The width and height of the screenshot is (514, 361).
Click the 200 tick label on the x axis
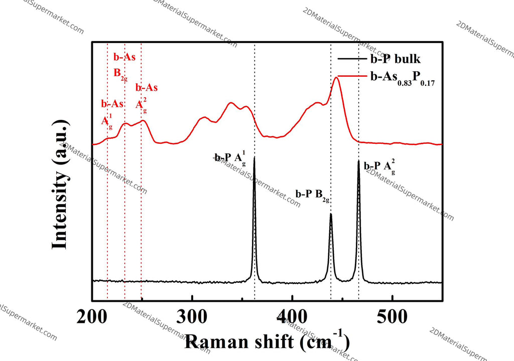coord(92,317)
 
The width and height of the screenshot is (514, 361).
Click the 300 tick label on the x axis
coord(192,317)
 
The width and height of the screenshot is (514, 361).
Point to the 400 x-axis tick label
coord(292,317)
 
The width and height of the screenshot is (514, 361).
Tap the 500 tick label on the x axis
coord(393,317)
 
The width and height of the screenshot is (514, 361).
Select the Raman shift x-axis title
coord(267,341)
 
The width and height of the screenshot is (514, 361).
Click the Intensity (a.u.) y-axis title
coord(61,185)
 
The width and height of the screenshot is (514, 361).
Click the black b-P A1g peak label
coord(230,158)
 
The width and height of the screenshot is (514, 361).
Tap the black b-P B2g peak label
coord(312,195)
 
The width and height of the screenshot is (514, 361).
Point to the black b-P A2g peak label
coord(379,167)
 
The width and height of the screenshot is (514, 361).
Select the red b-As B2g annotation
coord(124,65)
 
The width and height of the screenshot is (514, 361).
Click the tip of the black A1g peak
coord(254,157)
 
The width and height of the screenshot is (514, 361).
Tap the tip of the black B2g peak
coord(331,214)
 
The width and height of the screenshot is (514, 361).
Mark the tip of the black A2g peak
coord(358,161)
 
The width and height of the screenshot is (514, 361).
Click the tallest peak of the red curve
coord(336,77)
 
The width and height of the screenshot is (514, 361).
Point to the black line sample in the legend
coord(352,59)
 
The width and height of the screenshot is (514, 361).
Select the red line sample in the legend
coord(352,76)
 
